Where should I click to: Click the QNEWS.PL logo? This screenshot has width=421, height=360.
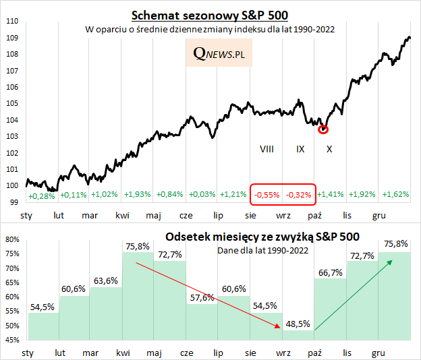click(218, 53)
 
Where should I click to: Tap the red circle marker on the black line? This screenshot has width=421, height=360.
click(323, 129)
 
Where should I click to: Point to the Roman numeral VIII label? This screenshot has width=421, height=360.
click(266, 148)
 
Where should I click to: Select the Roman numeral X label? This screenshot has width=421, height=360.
click(329, 148)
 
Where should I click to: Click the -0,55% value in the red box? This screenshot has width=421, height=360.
click(266, 194)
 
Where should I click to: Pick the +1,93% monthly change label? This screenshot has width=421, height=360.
click(138, 194)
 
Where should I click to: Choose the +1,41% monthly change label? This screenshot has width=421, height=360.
click(330, 194)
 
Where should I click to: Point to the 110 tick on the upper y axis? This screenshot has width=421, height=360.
click(11, 21)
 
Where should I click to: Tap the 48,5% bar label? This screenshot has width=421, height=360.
click(297, 324)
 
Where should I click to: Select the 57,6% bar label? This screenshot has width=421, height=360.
click(201, 297)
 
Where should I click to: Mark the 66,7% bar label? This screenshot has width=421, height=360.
click(329, 272)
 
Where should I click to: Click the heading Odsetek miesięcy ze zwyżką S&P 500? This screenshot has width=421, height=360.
click(262, 237)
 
